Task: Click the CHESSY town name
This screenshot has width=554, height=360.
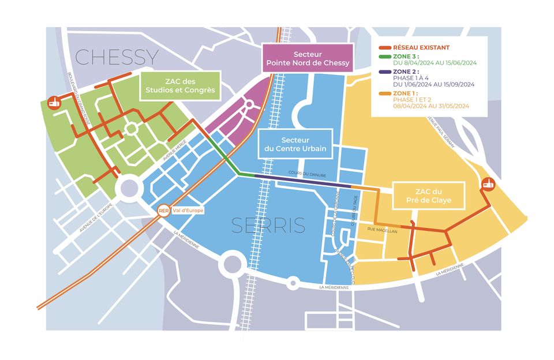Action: coord(117,57)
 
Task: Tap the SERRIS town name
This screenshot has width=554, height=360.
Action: coord(268,226)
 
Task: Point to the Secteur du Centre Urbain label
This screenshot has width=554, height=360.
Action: coord(295,144)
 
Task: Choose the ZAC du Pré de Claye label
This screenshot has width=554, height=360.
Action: coord(428,196)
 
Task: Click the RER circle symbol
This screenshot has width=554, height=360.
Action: coord(163,211)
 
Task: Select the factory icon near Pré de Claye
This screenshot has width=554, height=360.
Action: coord(489,184)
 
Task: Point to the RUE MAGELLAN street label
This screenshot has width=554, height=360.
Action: coord(382,231)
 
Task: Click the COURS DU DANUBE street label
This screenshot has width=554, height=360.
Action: coord(307,175)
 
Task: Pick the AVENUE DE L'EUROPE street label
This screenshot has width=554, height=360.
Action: coord(94,219)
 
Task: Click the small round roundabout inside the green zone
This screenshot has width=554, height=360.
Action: coord(130,129)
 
